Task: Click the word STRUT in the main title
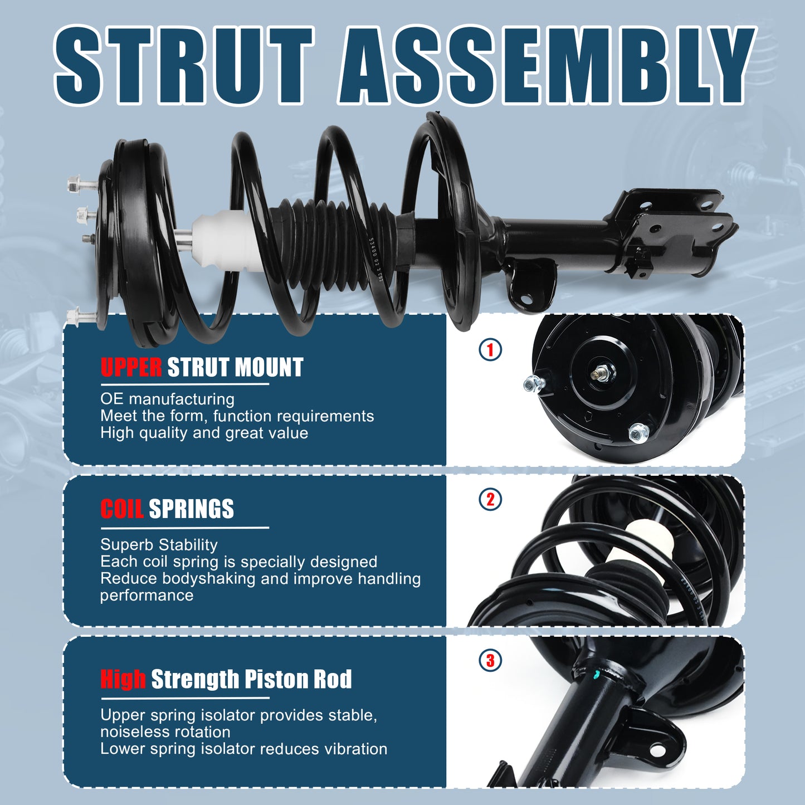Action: click(x=184, y=66)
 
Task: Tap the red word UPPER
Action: click(x=131, y=368)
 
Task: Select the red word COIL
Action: click(x=122, y=509)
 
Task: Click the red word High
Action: click(x=123, y=679)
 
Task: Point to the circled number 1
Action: click(x=490, y=350)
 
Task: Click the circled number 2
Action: click(x=490, y=499)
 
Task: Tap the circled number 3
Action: click(x=490, y=661)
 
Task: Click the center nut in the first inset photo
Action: click(x=602, y=373)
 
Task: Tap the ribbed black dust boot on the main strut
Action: click(x=334, y=234)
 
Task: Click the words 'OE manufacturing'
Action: click(x=167, y=399)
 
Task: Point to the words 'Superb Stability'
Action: click(x=159, y=544)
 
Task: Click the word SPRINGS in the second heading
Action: click(x=191, y=509)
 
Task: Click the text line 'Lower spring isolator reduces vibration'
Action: click(x=243, y=749)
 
